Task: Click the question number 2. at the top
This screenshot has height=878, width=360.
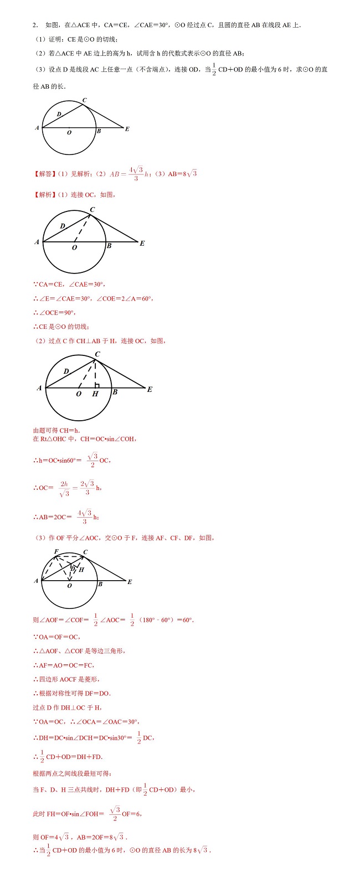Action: click(x=35, y=25)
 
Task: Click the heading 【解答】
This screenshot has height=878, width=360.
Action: click(x=43, y=174)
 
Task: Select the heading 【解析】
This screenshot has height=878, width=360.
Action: click(x=43, y=195)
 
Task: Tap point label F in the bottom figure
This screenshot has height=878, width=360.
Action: click(x=56, y=551)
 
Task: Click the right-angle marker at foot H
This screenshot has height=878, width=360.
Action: click(x=97, y=385)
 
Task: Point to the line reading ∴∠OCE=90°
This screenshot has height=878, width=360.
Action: click(x=54, y=313)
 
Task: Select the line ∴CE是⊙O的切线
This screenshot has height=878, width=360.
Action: click(x=61, y=327)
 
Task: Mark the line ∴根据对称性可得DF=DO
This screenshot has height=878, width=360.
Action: click(x=72, y=693)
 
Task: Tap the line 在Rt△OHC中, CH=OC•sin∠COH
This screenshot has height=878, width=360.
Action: click(x=85, y=439)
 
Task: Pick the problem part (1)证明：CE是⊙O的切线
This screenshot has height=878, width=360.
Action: click(x=76, y=39)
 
